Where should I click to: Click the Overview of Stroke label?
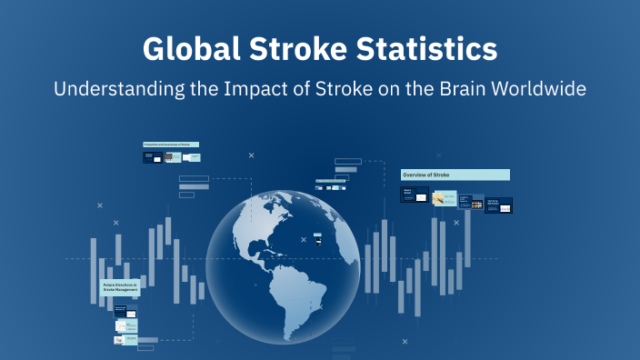455,175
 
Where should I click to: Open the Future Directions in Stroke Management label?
120,289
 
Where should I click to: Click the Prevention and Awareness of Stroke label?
171,145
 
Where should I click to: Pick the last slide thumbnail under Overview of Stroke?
499,205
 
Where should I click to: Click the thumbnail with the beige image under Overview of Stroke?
445,198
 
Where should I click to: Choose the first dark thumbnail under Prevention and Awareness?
152,157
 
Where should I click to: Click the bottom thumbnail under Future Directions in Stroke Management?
125,340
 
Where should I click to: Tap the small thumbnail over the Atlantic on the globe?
317,239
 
